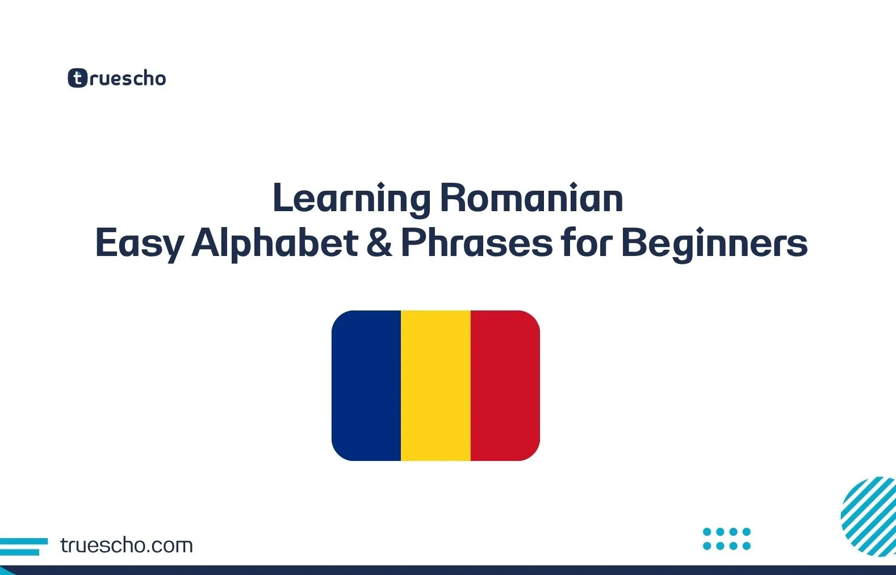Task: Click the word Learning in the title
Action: coord(351,199)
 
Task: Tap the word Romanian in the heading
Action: coord(531,199)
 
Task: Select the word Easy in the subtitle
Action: coord(139,244)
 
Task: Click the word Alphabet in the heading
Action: coord(275,242)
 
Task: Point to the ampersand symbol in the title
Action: coord(379,242)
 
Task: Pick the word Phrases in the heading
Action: coord(476,242)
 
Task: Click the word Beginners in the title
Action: coord(714,244)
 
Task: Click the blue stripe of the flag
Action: coord(367,385)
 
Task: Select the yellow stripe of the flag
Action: coord(436,385)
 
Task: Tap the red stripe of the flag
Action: coord(505,385)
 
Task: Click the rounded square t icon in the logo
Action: coord(78,78)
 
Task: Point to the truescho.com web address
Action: coord(126,545)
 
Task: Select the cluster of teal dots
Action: coord(727,539)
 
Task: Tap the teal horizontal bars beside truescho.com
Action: coord(23,546)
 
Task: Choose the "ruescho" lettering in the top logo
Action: coord(128,78)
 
